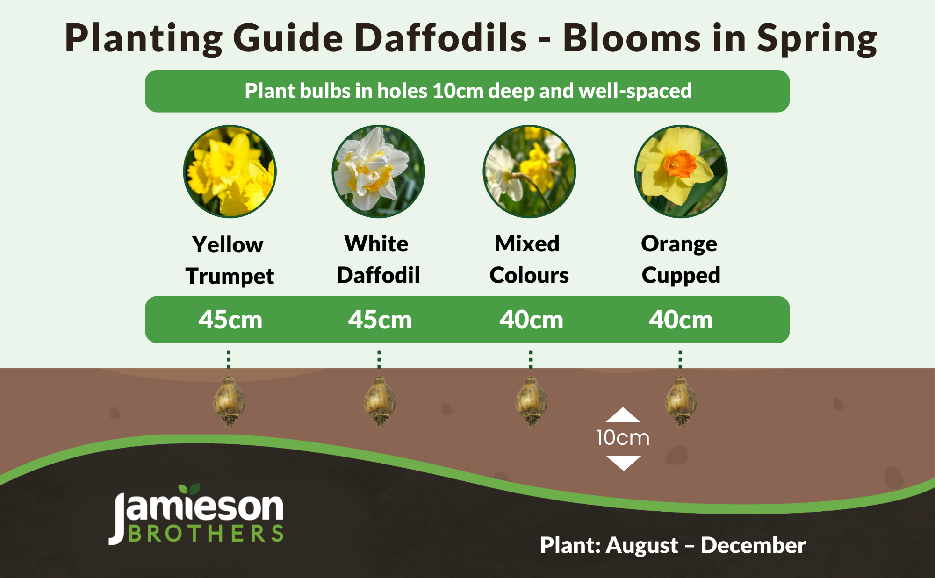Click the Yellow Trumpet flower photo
tap(230, 171)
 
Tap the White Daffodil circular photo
tap(378, 171)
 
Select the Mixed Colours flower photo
tap(529, 171)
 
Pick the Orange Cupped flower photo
tap(681, 171)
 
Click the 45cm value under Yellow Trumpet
tap(230, 320)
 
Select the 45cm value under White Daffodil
tap(380, 320)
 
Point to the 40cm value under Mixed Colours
tap(531, 320)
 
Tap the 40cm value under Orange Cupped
tap(681, 320)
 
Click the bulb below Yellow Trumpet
tap(229, 402)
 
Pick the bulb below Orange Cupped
tap(681, 402)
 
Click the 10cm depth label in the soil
tap(623, 438)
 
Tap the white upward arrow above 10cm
tap(623, 415)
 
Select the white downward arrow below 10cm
tap(623, 463)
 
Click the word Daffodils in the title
tap(440, 38)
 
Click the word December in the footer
tap(753, 545)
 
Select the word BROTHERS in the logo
tap(206, 534)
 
